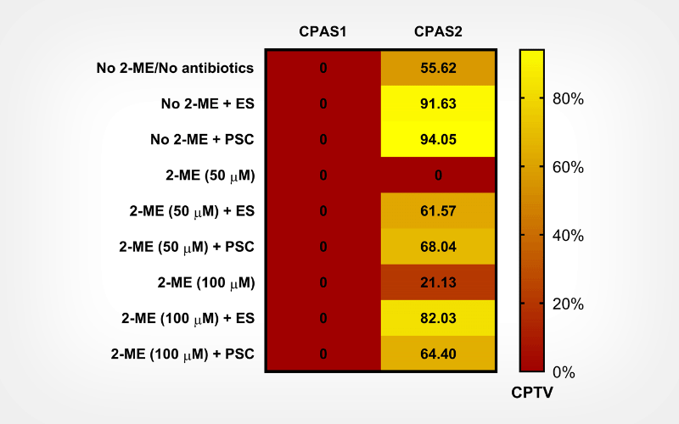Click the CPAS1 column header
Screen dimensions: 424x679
[x=323, y=32]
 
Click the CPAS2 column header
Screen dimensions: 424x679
[x=438, y=32]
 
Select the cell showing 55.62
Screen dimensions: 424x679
[x=438, y=68]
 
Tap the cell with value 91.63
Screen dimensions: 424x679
[x=438, y=103]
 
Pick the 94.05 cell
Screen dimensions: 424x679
[x=438, y=139]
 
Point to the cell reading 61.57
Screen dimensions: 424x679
[x=438, y=211]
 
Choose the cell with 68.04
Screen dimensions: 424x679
[x=438, y=247]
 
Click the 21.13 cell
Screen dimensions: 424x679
[x=438, y=282]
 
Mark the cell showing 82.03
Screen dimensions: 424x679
[x=438, y=318]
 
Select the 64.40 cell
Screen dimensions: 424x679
[x=438, y=354]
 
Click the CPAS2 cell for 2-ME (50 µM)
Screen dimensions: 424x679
[x=438, y=176]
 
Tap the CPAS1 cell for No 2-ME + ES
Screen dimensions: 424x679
[x=323, y=103]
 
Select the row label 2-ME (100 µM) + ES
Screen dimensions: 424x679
[x=188, y=318]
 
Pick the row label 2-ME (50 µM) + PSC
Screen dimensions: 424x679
[x=188, y=247]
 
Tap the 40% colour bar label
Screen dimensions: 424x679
[x=567, y=236]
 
